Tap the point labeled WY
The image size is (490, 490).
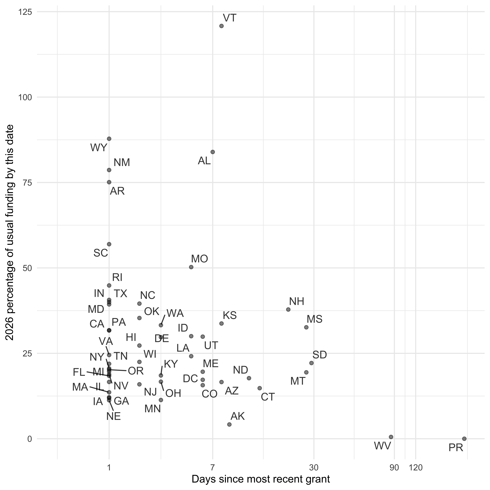[x=109, y=139]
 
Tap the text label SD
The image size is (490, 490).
[x=320, y=355]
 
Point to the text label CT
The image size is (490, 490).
[x=268, y=397]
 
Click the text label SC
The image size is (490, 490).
[x=101, y=253]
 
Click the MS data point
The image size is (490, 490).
[x=306, y=327]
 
